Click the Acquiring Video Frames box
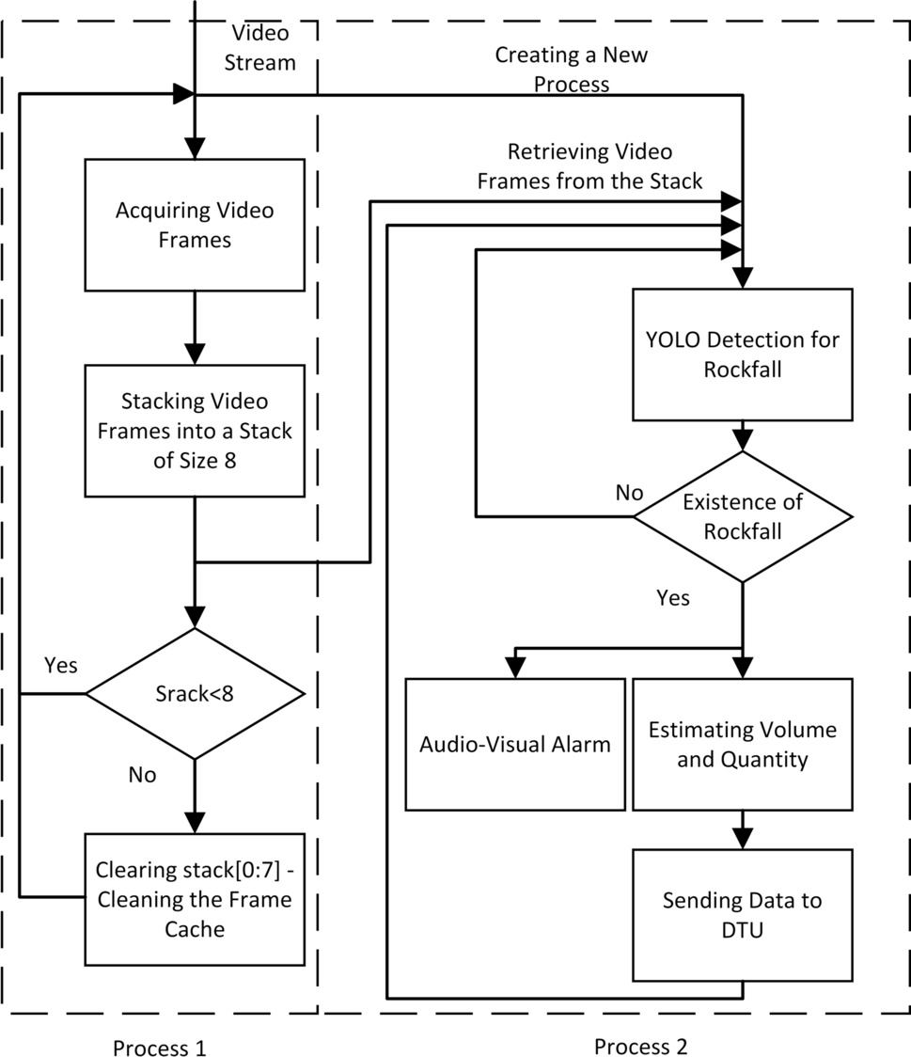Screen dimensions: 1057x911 tap(195, 225)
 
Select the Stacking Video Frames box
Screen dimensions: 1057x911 tap(195, 431)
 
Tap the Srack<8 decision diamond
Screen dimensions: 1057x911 tap(195, 694)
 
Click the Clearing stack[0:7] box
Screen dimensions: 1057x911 tap(195, 899)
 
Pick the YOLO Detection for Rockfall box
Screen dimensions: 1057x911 tap(743, 354)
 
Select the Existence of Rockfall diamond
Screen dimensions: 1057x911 tap(743, 516)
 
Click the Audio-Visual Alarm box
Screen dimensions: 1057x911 tap(514, 744)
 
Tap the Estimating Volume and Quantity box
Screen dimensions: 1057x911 tap(743, 744)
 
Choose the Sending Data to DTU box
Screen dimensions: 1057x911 tap(743, 914)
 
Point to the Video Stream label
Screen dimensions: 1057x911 tap(263, 48)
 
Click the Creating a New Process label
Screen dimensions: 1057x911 tap(572, 69)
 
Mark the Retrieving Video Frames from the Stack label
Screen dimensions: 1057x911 tap(589, 166)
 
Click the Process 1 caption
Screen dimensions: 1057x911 tap(158, 1048)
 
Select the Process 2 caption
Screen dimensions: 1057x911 tap(640, 1046)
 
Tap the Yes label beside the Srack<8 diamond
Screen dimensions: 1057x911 tap(61, 665)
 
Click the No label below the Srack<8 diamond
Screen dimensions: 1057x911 tap(142, 775)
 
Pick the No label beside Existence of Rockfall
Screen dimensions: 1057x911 tap(629, 493)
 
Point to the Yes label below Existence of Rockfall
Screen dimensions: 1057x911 tap(672, 598)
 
